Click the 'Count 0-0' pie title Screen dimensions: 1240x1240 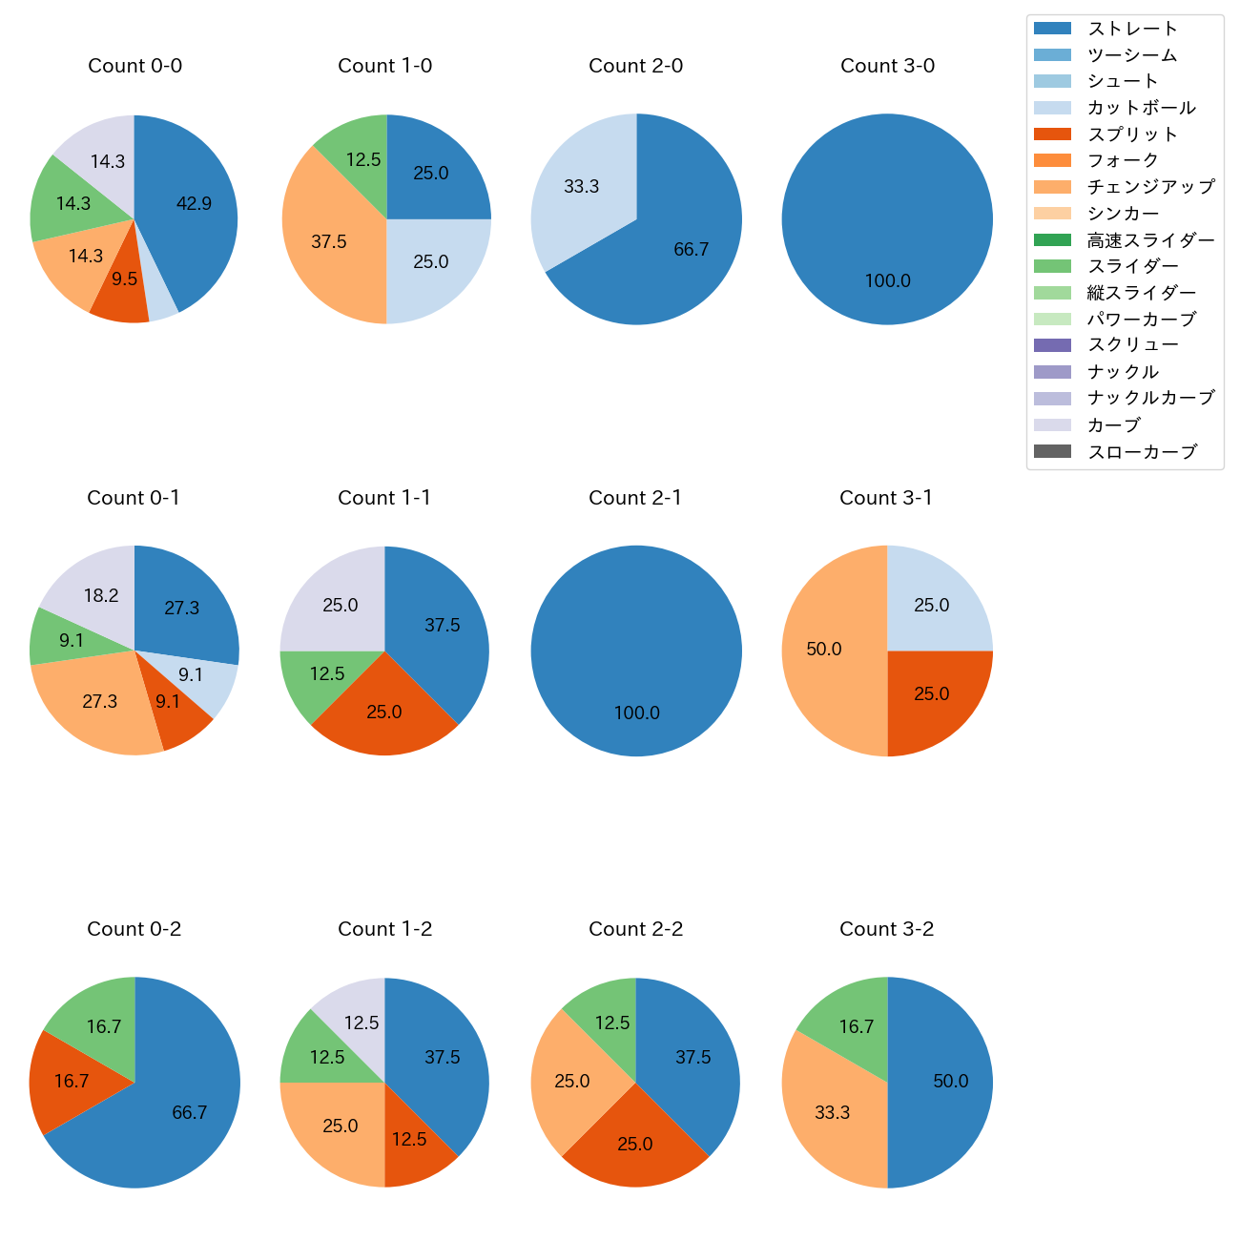tap(134, 66)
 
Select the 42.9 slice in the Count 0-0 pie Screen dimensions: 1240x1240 tap(191, 205)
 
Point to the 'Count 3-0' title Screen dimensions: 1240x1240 tap(887, 66)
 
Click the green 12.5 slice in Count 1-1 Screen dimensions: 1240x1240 tap(324, 677)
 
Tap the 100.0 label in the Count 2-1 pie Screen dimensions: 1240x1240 tap(636, 713)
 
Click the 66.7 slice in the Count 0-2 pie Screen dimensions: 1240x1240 tap(186, 1111)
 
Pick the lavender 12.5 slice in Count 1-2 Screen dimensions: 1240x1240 tap(358, 1021)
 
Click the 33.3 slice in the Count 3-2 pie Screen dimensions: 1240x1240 tap(830, 1111)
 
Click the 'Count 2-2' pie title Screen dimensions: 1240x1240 tap(635, 929)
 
